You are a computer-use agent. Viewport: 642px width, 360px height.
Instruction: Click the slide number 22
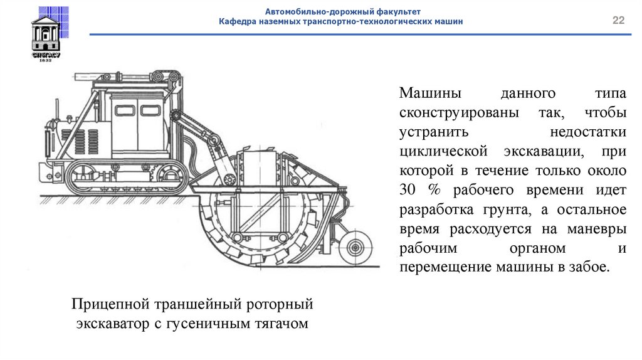click(619, 21)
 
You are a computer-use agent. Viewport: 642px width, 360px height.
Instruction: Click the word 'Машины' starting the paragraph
click(429, 94)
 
